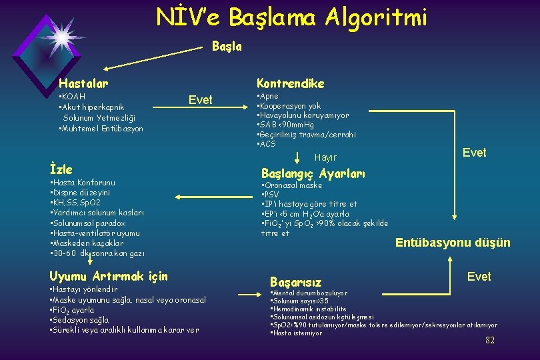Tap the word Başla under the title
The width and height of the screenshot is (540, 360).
click(227, 47)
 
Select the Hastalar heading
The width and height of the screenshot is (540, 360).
click(83, 83)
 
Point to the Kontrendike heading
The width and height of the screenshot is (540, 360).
click(291, 83)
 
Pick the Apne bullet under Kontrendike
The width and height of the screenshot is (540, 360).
click(268, 96)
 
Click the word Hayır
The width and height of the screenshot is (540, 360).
click(325, 158)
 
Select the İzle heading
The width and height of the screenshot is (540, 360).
click(61, 169)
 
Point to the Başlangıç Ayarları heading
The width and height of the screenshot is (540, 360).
click(313, 174)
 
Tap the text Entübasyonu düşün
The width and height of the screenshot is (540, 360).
click(453, 243)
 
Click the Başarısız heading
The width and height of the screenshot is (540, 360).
click(295, 282)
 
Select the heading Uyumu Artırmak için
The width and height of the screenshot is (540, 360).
click(109, 276)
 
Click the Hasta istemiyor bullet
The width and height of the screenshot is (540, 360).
click(297, 333)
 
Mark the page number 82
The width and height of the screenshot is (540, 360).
click(490, 340)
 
